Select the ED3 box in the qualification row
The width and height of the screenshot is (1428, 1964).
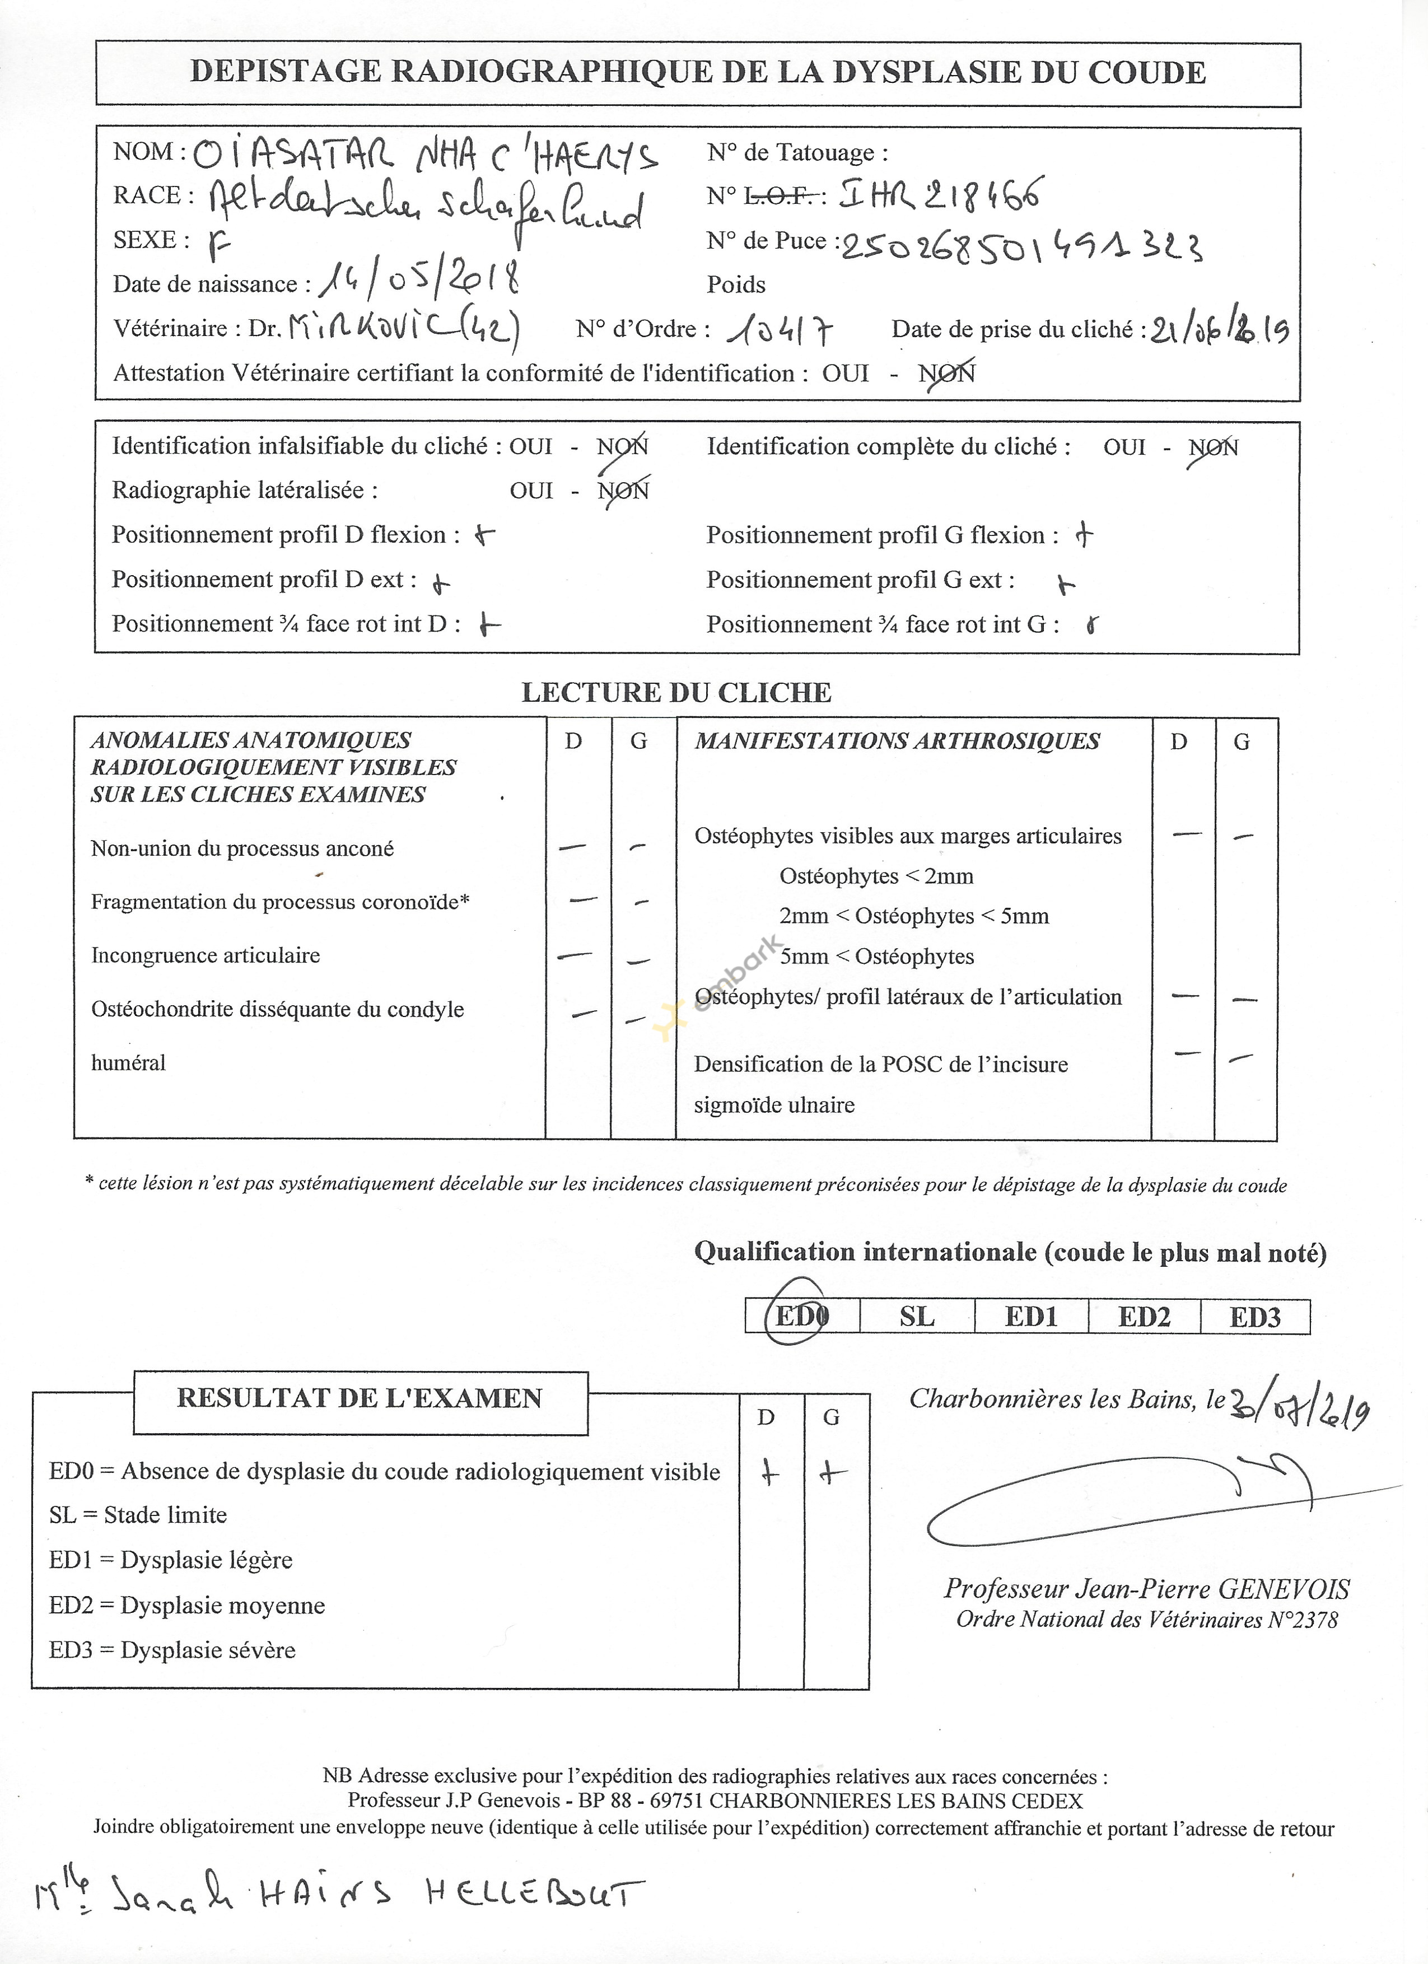[1255, 1317]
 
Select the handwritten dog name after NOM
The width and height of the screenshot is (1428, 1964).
[424, 156]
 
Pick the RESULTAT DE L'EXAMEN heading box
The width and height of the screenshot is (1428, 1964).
[360, 1398]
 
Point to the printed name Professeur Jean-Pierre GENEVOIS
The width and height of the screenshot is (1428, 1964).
[1146, 1589]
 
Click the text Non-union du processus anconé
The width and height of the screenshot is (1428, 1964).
[242, 848]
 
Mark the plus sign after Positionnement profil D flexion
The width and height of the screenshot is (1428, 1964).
[485, 535]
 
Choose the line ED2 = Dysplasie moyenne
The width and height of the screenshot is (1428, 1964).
[187, 1606]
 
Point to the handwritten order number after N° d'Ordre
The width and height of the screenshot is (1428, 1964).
[783, 330]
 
